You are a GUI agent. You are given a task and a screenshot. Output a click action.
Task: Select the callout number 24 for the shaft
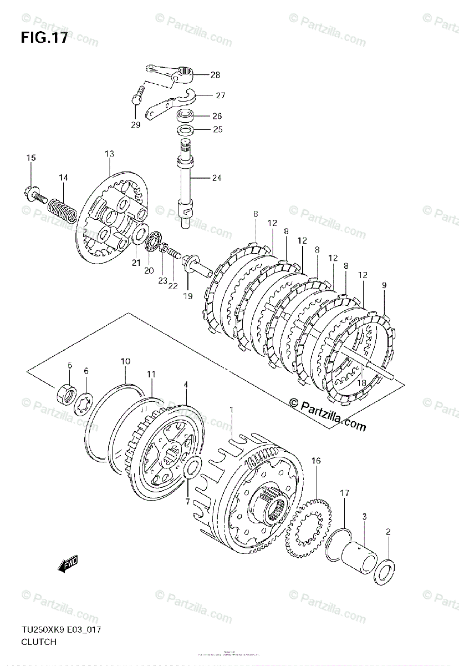(216, 178)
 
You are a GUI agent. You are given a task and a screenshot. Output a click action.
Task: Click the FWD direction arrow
(68, 565)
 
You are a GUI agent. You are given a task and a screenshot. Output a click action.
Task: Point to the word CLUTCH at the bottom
(38, 642)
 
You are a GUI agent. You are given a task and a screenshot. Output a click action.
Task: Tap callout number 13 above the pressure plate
(109, 153)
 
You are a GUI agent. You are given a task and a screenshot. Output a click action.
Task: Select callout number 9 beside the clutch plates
(384, 286)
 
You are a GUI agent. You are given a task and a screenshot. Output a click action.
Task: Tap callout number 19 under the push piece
(187, 296)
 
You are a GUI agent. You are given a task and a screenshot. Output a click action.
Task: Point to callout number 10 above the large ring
(125, 361)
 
